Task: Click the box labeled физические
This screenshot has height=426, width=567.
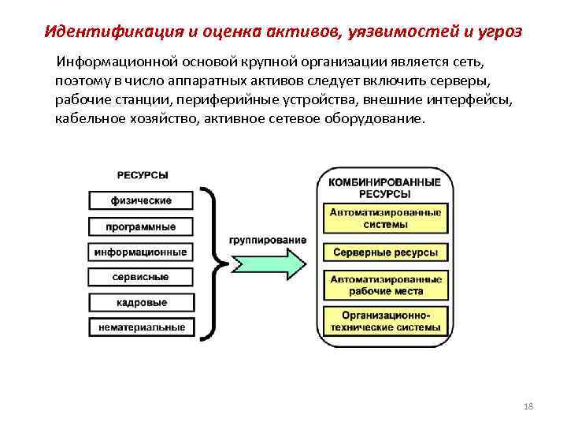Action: [141, 200]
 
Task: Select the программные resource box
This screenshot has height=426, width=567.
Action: [141, 226]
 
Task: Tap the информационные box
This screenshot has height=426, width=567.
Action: [141, 252]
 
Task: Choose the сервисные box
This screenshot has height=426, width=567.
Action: [141, 278]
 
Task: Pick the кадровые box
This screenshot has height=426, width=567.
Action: [141, 303]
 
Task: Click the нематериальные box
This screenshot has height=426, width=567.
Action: [141, 327]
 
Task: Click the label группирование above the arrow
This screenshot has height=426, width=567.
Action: [268, 240]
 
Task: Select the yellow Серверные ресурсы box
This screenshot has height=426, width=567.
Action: [386, 253]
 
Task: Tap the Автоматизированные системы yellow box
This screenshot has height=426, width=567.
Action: [386, 219]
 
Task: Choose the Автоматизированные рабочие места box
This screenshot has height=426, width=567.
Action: [386, 286]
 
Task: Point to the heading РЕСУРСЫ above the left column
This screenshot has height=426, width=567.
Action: [142, 175]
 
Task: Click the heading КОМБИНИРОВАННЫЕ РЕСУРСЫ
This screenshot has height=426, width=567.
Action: [386, 188]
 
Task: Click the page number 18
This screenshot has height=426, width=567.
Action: [528, 405]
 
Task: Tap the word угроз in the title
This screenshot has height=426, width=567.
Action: [500, 32]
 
